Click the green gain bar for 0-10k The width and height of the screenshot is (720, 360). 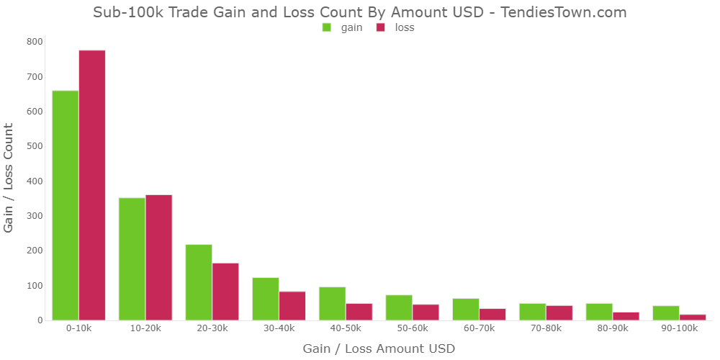(66, 205)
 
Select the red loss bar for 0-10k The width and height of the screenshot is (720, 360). (92, 185)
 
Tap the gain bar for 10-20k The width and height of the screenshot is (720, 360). (132, 258)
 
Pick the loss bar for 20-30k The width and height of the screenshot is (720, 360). (225, 291)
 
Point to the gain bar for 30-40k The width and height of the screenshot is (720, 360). (266, 298)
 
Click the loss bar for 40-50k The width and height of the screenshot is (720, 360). (359, 312)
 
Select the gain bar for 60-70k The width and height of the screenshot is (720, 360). (466, 309)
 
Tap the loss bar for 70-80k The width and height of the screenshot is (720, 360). (559, 312)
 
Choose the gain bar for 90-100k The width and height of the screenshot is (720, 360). (666, 312)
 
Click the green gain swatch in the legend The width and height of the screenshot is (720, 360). (327, 27)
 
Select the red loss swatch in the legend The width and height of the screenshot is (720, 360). (381, 27)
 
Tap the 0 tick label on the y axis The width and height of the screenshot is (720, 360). (39, 320)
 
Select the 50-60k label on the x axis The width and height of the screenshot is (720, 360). (412, 328)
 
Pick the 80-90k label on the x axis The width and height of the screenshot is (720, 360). (612, 328)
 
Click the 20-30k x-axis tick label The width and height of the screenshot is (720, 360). (212, 328)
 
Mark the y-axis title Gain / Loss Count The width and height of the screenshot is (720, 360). (9, 177)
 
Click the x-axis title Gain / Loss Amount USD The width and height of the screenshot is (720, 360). (379, 348)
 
